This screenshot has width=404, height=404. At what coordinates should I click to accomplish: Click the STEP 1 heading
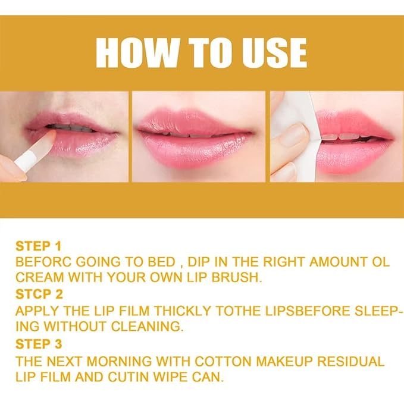pos(38,246)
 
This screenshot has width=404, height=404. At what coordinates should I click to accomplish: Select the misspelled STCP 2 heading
pos(38,295)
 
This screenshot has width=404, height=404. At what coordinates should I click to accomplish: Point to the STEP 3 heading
pos(38,345)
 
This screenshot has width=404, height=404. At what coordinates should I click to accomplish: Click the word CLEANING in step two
pos(151,327)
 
